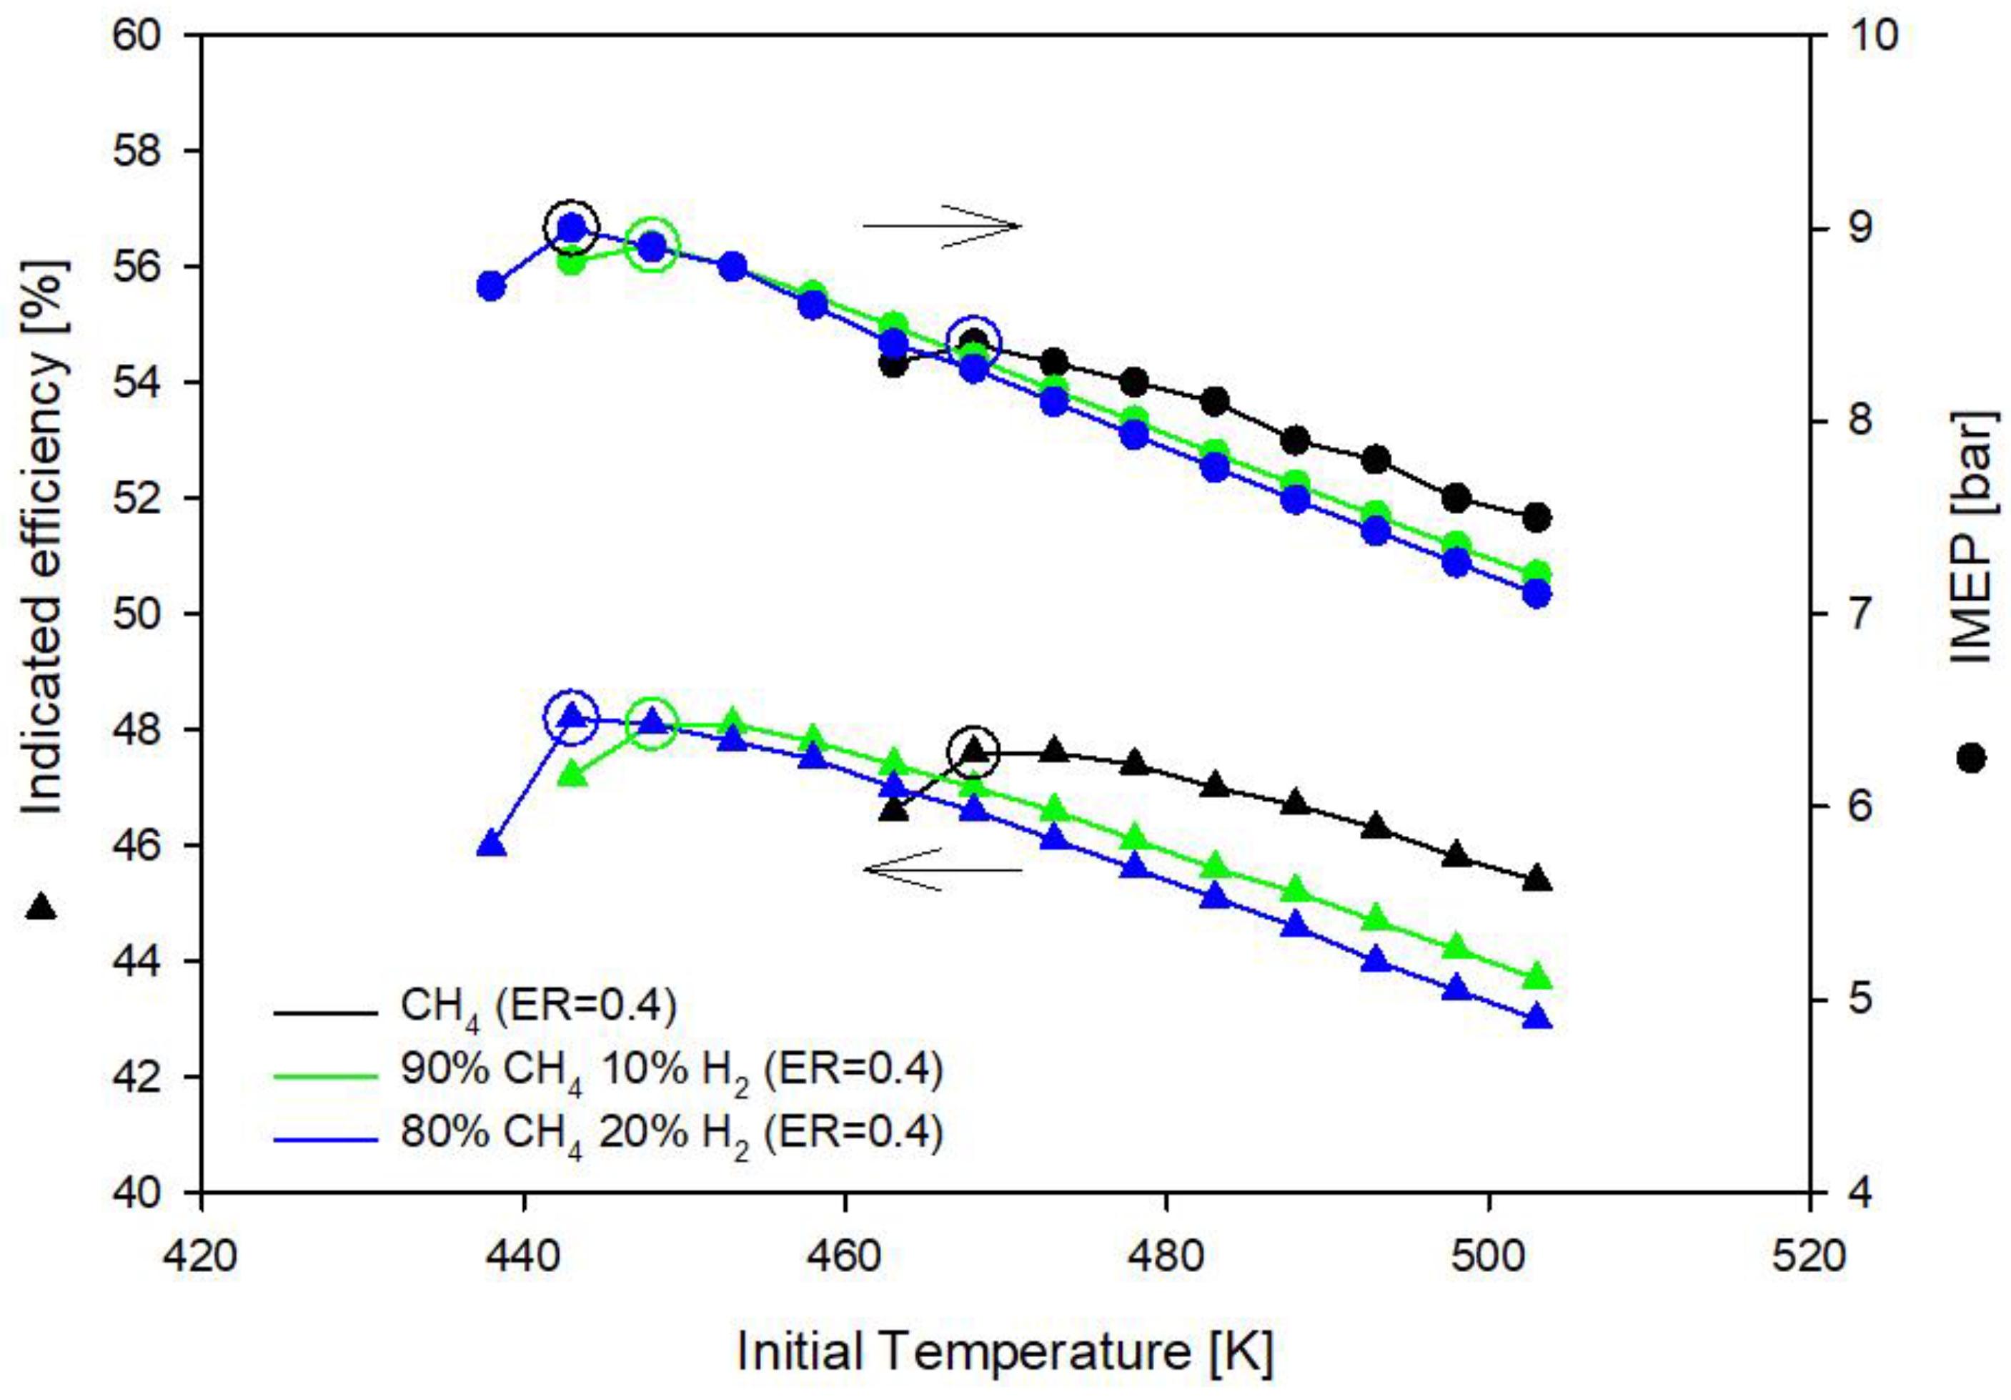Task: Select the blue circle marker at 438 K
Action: coord(492,287)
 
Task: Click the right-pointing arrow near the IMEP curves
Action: coord(942,226)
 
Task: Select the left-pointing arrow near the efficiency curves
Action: coord(942,869)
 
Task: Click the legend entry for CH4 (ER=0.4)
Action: coord(539,1008)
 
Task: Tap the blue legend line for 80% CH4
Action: coord(325,1139)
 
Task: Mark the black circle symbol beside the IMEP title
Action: coord(1971,758)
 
